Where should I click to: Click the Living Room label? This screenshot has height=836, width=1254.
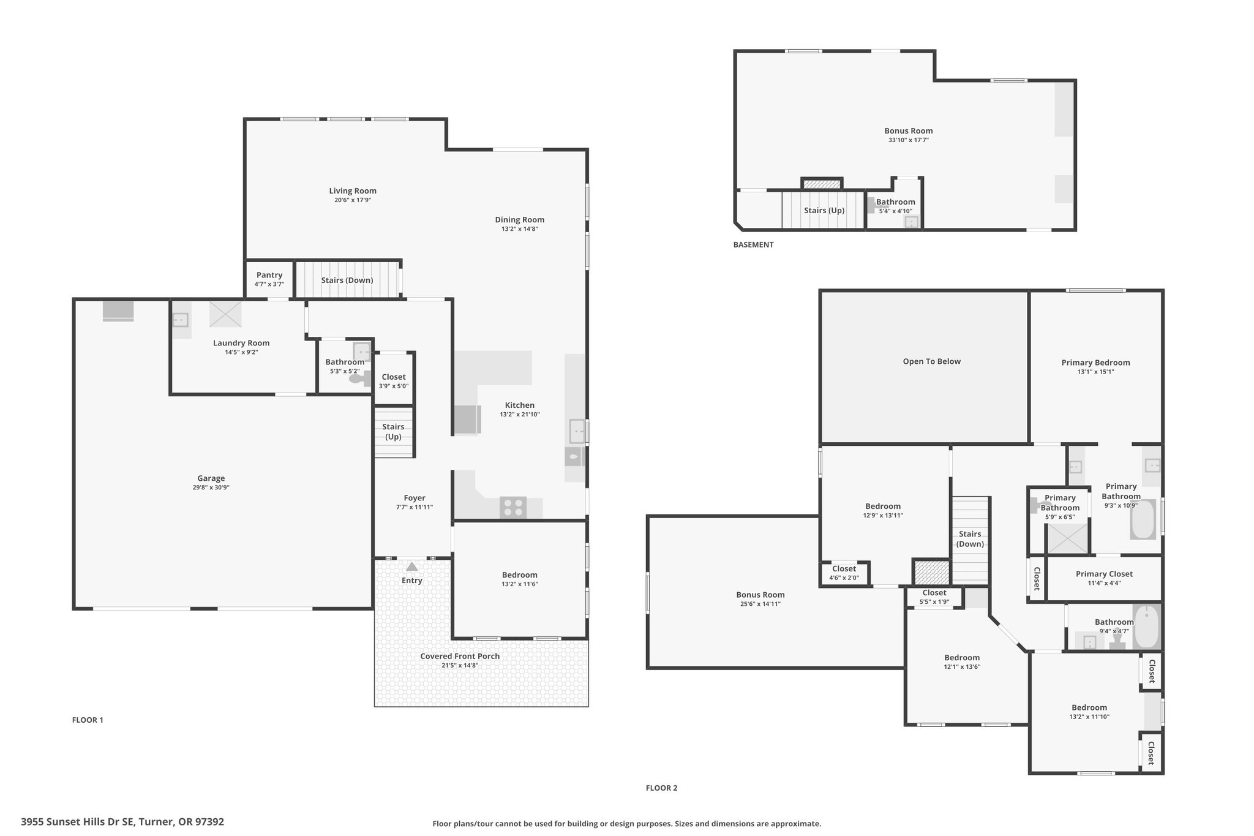(x=353, y=191)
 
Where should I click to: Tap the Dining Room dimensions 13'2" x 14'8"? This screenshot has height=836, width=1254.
(x=520, y=229)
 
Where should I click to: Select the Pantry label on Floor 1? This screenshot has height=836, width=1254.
(x=269, y=275)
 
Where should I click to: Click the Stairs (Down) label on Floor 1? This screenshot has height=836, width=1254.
(x=347, y=281)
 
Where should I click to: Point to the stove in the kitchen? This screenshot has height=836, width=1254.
(x=512, y=507)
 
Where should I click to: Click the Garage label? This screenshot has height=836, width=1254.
(x=211, y=478)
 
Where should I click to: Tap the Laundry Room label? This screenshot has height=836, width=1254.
(x=241, y=343)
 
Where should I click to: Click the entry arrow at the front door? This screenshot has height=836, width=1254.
(x=412, y=567)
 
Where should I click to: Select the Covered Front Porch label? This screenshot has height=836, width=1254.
(x=460, y=656)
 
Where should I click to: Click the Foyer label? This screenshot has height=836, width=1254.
(x=415, y=498)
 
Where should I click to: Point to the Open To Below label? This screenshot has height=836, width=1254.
(x=931, y=361)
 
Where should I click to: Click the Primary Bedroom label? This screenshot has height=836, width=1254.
(x=1095, y=363)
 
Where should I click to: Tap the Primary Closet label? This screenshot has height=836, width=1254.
(x=1104, y=574)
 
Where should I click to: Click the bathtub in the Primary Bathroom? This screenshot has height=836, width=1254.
(x=1143, y=519)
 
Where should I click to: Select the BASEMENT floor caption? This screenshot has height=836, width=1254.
(x=753, y=245)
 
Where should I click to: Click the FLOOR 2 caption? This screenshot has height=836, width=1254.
(x=661, y=788)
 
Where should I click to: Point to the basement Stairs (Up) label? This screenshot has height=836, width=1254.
(x=824, y=210)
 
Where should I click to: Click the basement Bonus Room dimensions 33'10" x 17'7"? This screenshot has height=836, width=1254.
(x=909, y=140)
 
